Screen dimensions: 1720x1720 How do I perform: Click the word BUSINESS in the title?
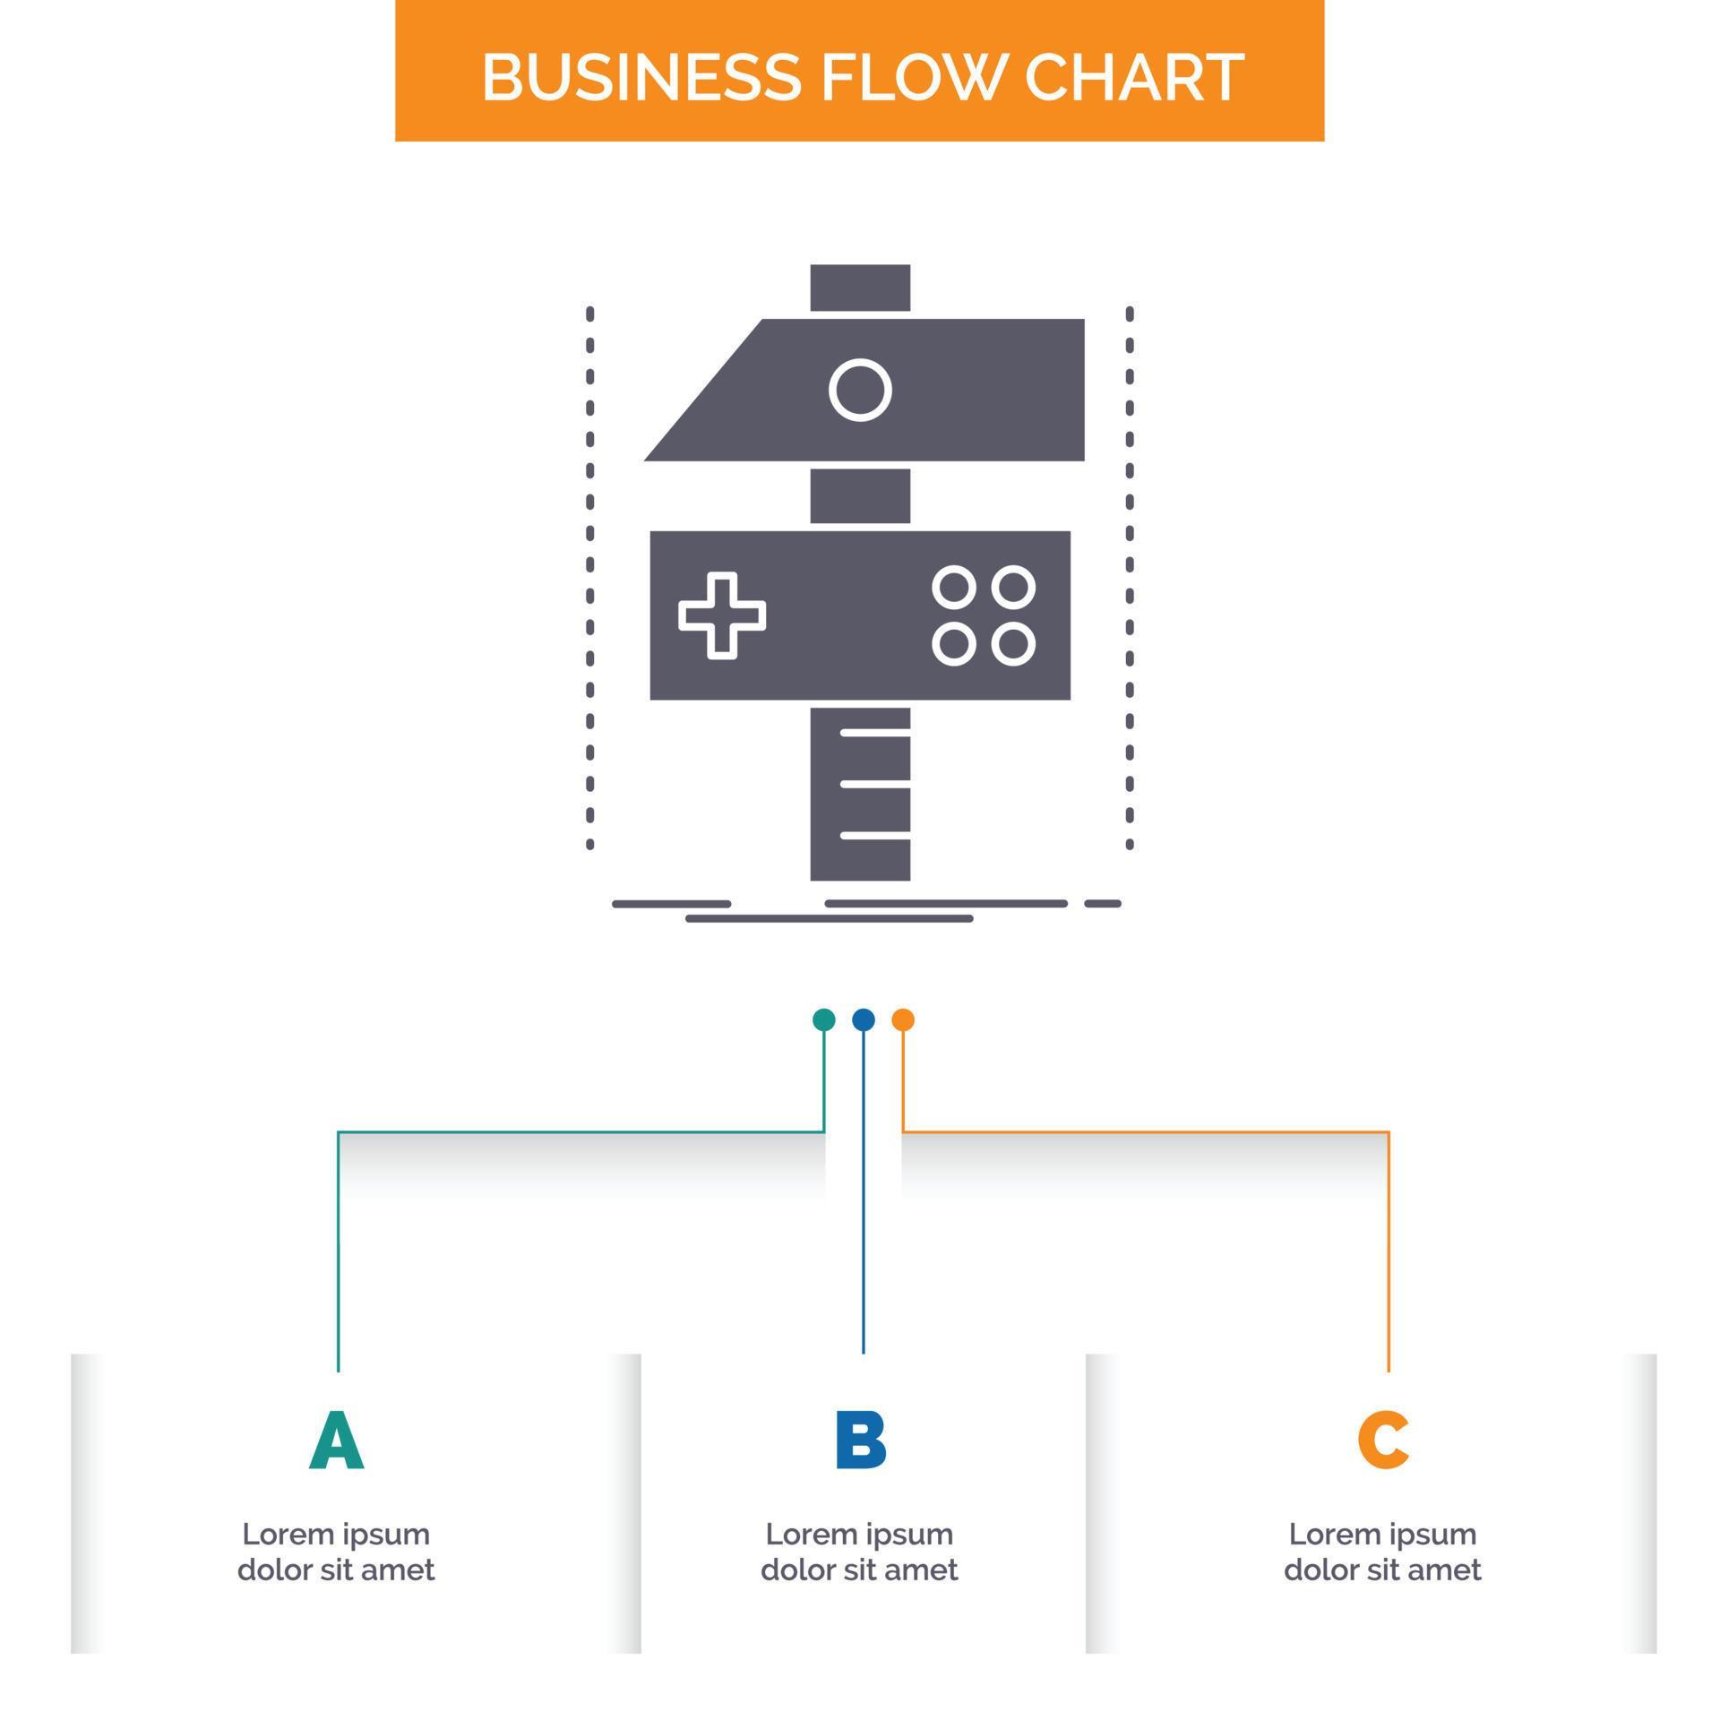coord(641,77)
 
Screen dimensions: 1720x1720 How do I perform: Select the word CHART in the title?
coord(1133,77)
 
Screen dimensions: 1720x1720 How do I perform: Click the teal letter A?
coord(336,1440)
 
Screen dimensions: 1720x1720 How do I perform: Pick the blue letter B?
coord(860,1440)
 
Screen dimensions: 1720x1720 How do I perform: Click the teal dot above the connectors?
coord(823,1019)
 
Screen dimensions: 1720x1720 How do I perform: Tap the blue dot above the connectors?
coord(863,1019)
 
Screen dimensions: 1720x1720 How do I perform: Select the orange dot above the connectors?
coord(902,1019)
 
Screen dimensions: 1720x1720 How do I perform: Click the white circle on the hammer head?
coord(860,390)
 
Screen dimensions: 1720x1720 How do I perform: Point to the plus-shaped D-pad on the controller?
coord(722,615)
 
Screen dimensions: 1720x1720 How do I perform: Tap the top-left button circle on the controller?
coord(953,588)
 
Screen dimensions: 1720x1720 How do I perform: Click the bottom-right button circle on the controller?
coord(1013,644)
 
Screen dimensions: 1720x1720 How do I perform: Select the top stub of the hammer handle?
coord(860,288)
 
